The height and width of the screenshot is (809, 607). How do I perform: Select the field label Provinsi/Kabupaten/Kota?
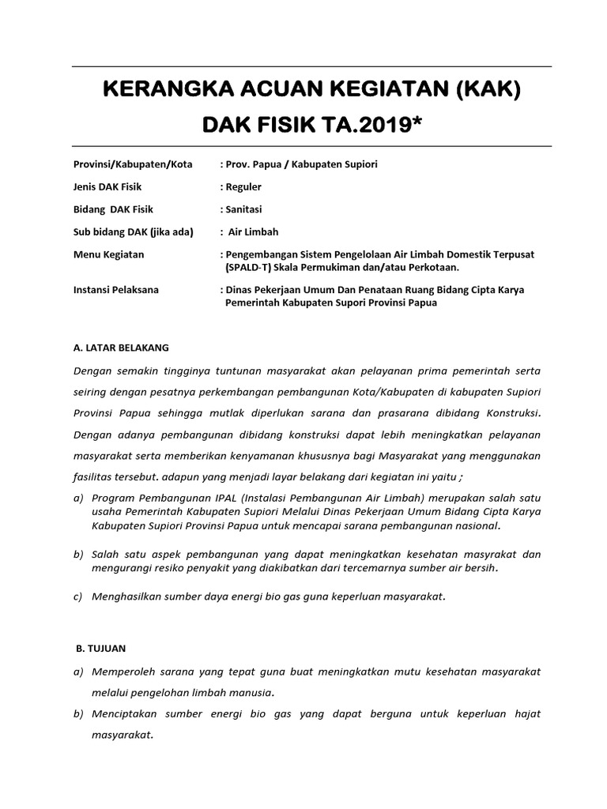pos(125,164)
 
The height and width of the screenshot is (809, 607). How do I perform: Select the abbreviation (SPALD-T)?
pos(254,267)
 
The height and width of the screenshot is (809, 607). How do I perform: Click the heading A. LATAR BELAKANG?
pos(120,347)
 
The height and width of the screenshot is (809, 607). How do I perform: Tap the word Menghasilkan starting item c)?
pos(128,596)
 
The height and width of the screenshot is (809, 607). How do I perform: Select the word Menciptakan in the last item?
pos(128,713)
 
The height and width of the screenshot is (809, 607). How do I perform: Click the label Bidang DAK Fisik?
pos(113,209)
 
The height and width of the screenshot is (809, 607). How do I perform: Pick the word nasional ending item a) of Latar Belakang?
pos(474,525)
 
